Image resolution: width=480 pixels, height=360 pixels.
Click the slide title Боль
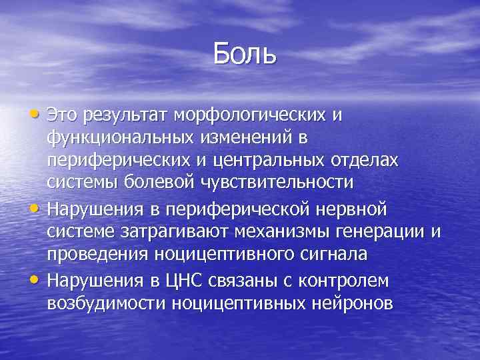[x=245, y=53]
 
